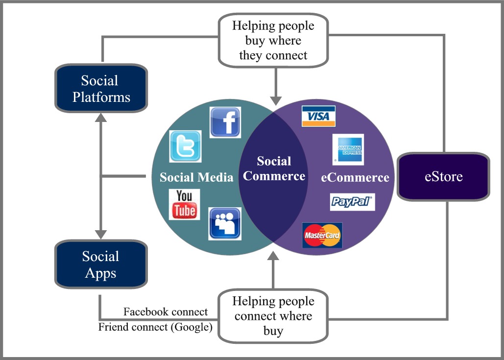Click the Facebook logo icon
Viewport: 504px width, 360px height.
coord(225,122)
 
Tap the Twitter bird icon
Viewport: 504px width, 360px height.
coord(185,146)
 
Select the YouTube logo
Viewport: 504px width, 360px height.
coord(184,204)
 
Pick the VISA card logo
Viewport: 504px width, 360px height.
coord(318,116)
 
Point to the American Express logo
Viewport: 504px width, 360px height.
coord(348,149)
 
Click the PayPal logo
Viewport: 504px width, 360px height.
coord(352,201)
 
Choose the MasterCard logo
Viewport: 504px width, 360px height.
coord(322,235)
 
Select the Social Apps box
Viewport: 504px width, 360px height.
coord(101,264)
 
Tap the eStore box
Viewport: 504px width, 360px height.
coord(443,176)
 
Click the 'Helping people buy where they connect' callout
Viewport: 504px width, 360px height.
coord(273,40)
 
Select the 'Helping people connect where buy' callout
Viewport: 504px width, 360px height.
coord(273,315)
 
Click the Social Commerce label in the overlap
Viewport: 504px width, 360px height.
coord(274,168)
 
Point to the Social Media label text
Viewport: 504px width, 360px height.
coord(196,177)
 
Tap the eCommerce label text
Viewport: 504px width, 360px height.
coord(355,177)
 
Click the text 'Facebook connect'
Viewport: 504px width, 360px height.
coord(166,312)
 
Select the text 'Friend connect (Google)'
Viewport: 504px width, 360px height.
coord(155,327)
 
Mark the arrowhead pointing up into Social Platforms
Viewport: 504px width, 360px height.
coord(101,118)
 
